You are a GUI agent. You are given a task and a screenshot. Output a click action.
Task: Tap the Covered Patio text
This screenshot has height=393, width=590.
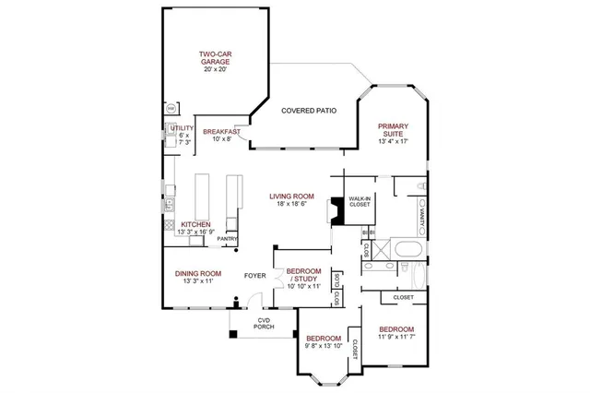click(308, 111)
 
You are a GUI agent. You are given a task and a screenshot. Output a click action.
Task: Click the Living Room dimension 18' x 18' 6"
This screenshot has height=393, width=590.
click(292, 205)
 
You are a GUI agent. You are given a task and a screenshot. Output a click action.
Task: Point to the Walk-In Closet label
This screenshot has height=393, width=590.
click(359, 202)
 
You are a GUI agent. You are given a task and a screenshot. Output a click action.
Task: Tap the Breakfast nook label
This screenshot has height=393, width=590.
click(221, 132)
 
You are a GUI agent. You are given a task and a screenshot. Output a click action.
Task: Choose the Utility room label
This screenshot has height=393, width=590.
click(183, 128)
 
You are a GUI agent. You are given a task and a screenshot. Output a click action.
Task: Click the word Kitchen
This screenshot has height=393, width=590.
click(195, 224)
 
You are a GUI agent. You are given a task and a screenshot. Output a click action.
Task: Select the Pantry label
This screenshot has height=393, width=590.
click(227, 239)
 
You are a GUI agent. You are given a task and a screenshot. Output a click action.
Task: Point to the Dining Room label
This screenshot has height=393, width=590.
click(198, 273)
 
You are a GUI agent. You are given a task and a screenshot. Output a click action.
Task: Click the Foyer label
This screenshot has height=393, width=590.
click(254, 276)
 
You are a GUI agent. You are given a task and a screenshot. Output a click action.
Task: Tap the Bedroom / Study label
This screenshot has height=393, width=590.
click(303, 275)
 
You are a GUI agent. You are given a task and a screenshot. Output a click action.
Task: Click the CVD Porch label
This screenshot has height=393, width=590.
click(265, 324)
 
